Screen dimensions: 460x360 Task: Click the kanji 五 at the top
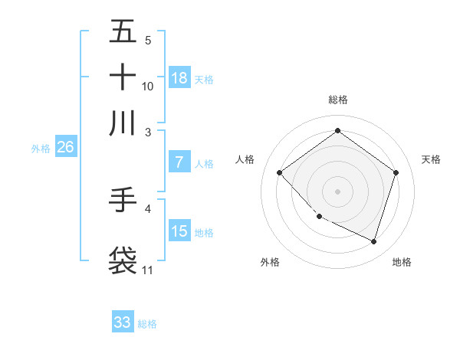click(x=123, y=32)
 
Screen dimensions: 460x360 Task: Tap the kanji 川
click(x=123, y=123)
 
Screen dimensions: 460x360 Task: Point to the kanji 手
click(x=123, y=201)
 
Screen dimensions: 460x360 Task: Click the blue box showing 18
click(x=179, y=77)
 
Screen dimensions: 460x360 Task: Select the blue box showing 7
click(x=179, y=162)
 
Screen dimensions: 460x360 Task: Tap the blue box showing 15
click(x=179, y=231)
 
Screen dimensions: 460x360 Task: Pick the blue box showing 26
click(x=65, y=148)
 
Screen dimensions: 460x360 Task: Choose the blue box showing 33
click(x=123, y=322)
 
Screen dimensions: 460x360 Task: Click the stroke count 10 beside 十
click(x=148, y=87)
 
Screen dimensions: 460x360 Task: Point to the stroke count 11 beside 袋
click(x=148, y=270)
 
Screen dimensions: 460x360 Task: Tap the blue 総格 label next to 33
click(x=147, y=324)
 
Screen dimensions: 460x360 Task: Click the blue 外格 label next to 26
click(x=41, y=149)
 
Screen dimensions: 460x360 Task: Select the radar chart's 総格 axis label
click(x=337, y=100)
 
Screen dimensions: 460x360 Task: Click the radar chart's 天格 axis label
click(x=432, y=159)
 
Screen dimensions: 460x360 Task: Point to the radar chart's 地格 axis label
click(x=402, y=262)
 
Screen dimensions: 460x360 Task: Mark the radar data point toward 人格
click(x=280, y=173)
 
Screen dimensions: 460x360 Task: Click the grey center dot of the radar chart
click(x=337, y=191)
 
